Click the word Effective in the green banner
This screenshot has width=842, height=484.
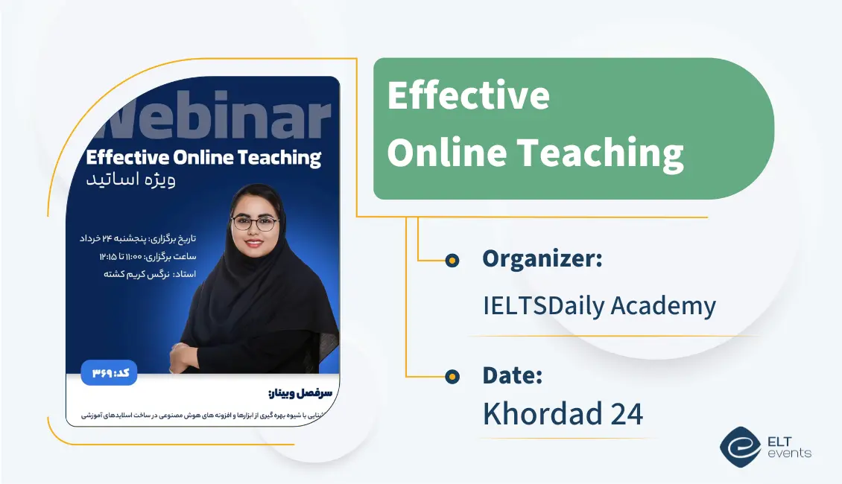(x=468, y=96)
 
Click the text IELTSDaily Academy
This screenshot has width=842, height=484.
(x=599, y=305)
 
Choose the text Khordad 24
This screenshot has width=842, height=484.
(x=563, y=414)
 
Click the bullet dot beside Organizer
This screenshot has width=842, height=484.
(x=452, y=260)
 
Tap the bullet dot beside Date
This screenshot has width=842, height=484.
(x=452, y=377)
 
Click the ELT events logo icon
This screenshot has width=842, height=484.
(x=740, y=447)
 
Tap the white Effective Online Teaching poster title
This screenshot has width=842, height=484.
(x=203, y=157)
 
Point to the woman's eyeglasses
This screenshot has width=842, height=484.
(x=255, y=222)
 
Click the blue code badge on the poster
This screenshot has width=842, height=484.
(x=110, y=372)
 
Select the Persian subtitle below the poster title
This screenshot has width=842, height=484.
(x=130, y=181)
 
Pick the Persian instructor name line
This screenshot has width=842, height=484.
(x=139, y=274)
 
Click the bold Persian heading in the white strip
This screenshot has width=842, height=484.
(x=303, y=392)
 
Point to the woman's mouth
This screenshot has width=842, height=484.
(x=253, y=242)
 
